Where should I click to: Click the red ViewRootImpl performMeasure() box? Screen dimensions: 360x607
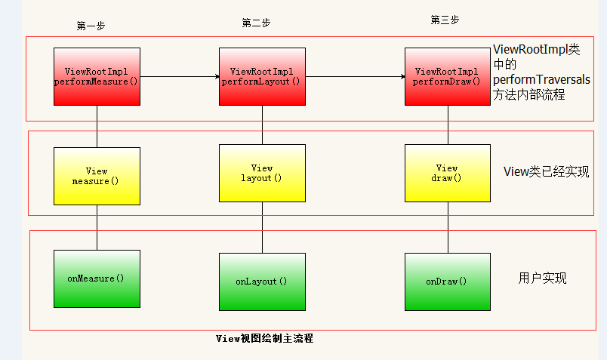(97, 76)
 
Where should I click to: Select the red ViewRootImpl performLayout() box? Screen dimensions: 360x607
(262, 76)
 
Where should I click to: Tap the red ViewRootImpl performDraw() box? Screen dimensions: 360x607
(447, 76)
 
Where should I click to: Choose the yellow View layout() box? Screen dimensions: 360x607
(262, 173)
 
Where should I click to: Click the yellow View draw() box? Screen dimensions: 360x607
(447, 173)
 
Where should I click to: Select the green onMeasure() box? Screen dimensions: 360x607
(97, 278)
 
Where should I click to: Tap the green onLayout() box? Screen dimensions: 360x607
(262, 282)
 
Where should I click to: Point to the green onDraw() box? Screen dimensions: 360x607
(447, 282)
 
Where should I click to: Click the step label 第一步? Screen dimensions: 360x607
(91, 26)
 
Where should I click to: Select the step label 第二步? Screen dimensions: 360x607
(256, 23)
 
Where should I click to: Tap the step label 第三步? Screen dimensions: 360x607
(445, 20)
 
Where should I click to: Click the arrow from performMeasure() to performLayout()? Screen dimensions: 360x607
(179, 76)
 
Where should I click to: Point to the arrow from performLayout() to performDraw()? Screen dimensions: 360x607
(355, 76)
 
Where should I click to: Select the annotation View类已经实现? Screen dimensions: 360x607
(546, 172)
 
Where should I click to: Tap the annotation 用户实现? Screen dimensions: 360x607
(542, 278)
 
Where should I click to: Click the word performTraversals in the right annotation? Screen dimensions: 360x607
(541, 79)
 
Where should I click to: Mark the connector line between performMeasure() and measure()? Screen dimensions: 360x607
(97, 126)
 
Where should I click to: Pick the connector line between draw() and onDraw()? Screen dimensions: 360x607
(447, 227)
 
